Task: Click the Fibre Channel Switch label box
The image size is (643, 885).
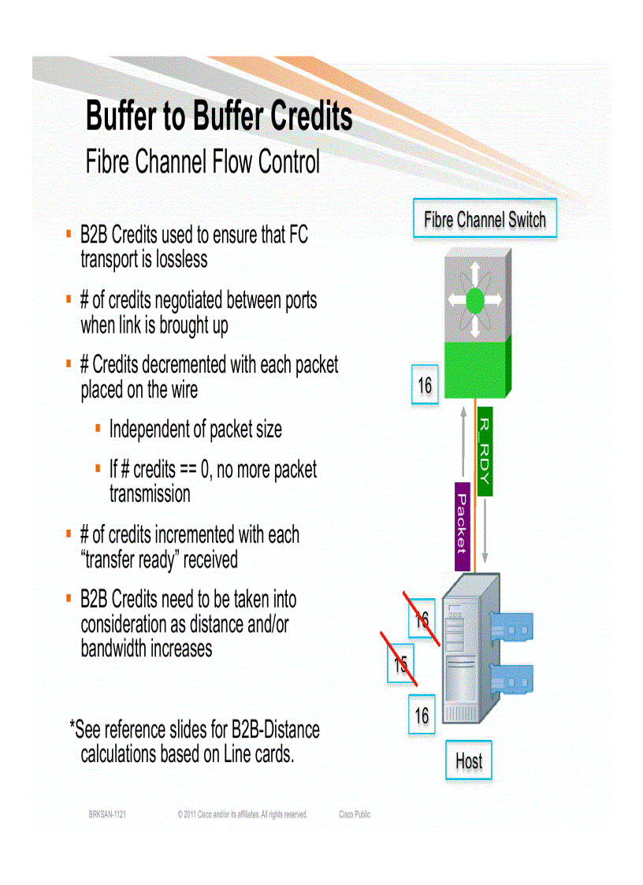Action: coord(485,219)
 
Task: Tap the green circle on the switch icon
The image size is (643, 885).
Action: coord(474,300)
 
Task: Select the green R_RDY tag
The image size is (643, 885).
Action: coord(485,452)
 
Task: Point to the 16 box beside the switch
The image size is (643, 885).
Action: coord(425,385)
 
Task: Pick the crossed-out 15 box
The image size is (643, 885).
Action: coord(401,665)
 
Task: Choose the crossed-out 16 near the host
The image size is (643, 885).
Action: coord(422,619)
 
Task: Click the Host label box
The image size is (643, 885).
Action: coord(468,761)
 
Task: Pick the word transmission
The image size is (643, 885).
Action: coord(150,494)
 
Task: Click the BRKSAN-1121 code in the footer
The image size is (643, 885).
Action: coord(107,814)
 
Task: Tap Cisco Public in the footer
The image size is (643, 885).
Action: coord(354,814)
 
